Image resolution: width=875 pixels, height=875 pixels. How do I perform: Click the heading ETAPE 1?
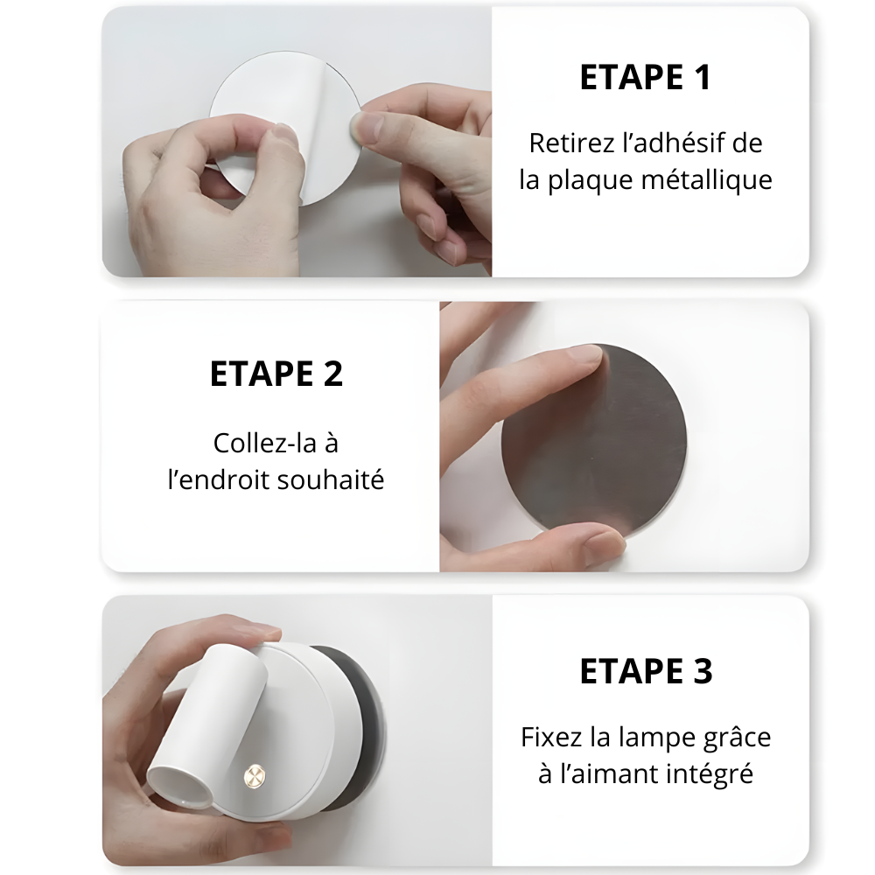(x=646, y=77)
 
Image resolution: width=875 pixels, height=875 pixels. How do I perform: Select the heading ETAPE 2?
(x=276, y=374)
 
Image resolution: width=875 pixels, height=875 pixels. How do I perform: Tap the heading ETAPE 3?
(x=647, y=671)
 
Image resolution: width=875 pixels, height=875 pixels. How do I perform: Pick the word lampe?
(x=654, y=738)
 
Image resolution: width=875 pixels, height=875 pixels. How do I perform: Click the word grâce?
(x=737, y=738)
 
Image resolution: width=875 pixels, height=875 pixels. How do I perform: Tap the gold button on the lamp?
(x=255, y=775)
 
